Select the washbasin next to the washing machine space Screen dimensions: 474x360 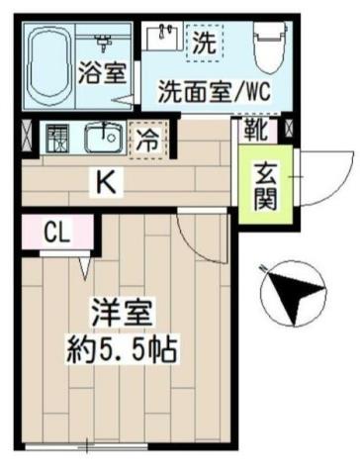[163, 39]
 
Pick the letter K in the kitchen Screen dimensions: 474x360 [103, 180]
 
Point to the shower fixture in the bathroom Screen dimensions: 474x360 [104, 40]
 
